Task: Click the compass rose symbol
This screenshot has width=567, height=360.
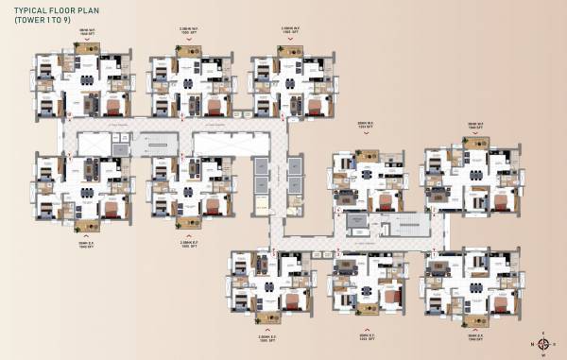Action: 544,346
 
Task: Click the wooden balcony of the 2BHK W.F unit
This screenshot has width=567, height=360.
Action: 365,155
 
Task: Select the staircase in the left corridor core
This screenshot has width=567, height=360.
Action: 158,143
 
